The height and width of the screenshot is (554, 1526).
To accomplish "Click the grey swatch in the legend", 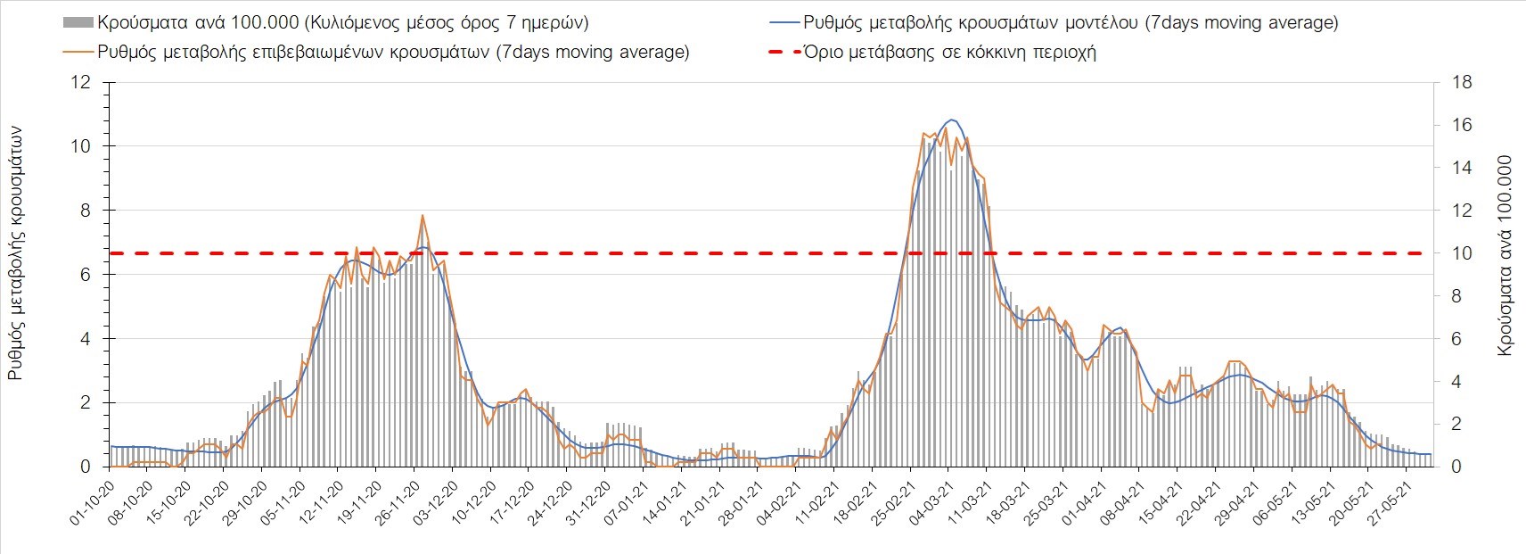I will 78,22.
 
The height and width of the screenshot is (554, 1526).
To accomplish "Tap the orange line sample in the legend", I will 78,52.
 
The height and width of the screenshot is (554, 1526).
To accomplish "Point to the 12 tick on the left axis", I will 81,83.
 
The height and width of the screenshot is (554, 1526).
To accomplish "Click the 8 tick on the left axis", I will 86,211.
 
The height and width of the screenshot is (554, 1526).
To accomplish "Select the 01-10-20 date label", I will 93,505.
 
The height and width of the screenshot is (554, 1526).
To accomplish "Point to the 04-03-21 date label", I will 931,505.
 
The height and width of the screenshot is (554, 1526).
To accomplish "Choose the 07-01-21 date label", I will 627,505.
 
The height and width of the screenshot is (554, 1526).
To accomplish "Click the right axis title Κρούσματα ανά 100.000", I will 1505,256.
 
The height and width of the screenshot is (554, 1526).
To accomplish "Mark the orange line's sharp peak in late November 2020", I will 423,216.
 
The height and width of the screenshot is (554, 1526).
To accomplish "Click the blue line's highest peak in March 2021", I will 952,120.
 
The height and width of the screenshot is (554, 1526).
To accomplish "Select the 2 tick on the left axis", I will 86,403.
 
